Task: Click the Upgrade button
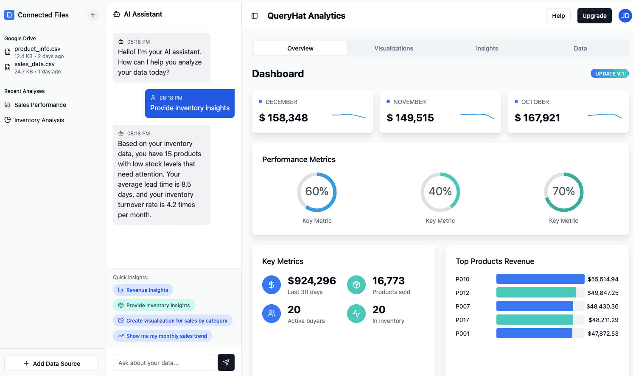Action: pyautogui.click(x=594, y=16)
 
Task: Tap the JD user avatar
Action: pyautogui.click(x=625, y=16)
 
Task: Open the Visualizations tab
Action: pyautogui.click(x=394, y=48)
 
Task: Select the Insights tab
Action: pyautogui.click(x=487, y=48)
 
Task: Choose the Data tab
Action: pyautogui.click(x=580, y=48)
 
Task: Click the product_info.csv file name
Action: pyautogui.click(x=37, y=49)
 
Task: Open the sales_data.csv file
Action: pyautogui.click(x=34, y=64)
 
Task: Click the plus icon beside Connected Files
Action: pyautogui.click(x=92, y=15)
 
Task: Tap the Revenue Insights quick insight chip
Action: pyautogui.click(x=143, y=290)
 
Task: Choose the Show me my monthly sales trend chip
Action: pyautogui.click(x=162, y=336)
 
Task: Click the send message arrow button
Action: pyautogui.click(x=226, y=362)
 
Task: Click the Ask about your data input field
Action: pyautogui.click(x=163, y=362)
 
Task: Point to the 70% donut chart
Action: pyautogui.click(x=583, y=192)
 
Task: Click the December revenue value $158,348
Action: pyautogui.click(x=283, y=118)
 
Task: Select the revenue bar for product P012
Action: pyautogui.click(x=536, y=292)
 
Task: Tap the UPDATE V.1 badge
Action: pyautogui.click(x=610, y=73)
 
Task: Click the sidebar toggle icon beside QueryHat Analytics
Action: pyautogui.click(x=255, y=16)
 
